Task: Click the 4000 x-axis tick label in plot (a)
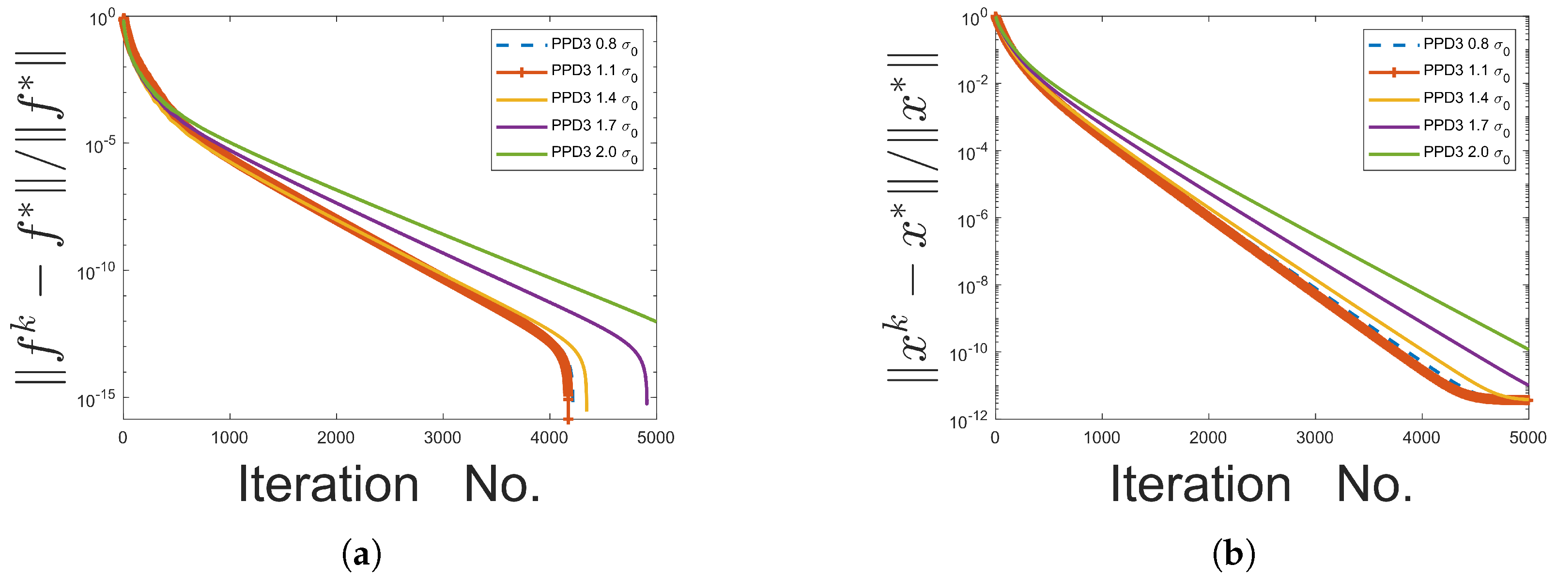549,438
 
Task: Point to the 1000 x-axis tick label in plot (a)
230,438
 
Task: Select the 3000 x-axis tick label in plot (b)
1315,438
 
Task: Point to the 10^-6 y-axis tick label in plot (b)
974,220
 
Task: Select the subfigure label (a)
361,554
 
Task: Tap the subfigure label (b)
1233,554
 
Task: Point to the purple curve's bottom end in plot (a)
647,403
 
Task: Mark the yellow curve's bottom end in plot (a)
586,410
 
